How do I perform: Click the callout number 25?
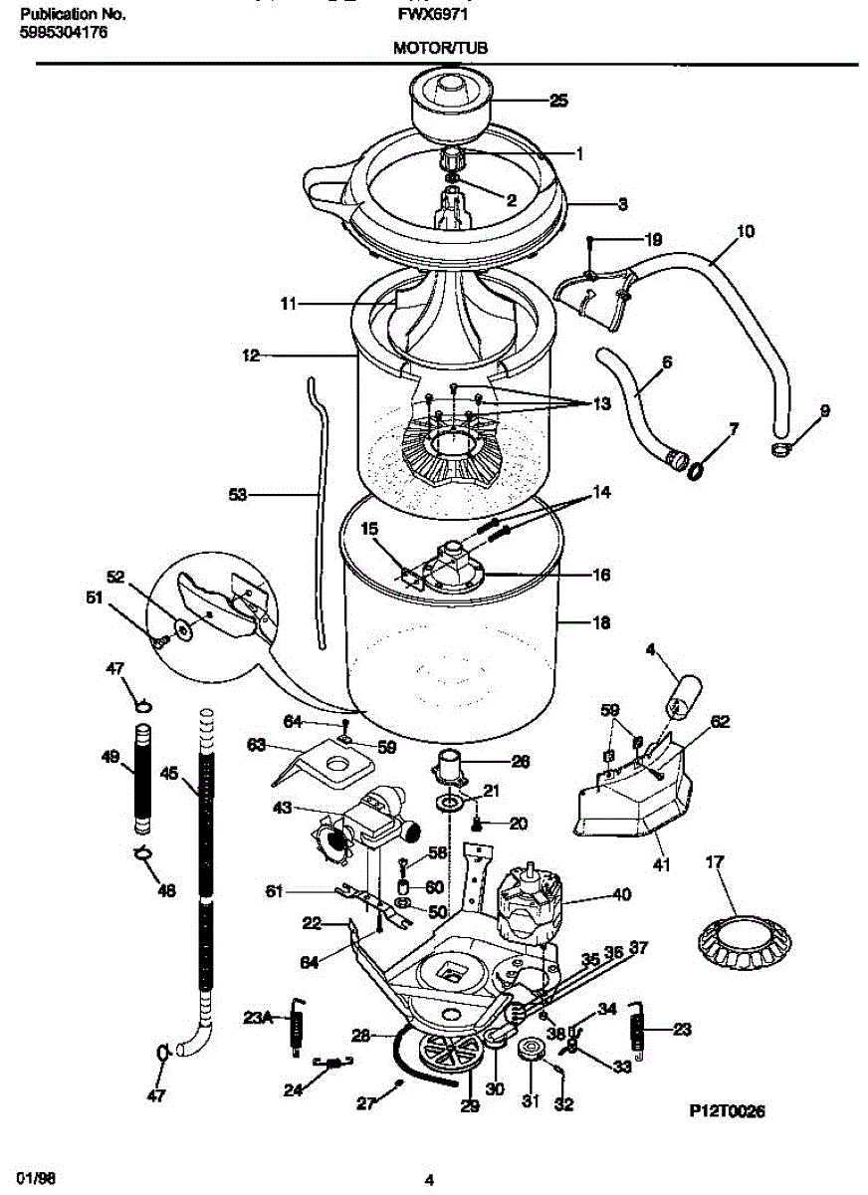point(558,100)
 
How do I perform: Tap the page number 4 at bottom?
point(430,1181)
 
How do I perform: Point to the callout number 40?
point(621,894)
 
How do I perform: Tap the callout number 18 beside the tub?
point(600,623)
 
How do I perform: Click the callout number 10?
point(745,232)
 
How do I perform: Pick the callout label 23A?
point(257,1017)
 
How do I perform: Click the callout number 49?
point(111,757)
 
